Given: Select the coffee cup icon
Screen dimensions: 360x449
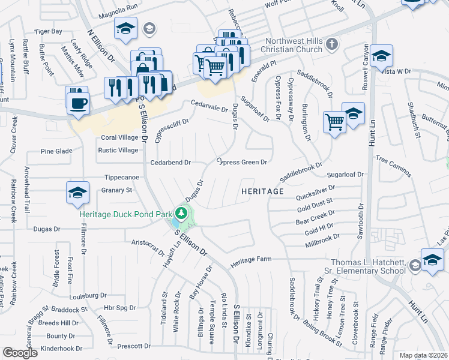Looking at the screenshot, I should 77,102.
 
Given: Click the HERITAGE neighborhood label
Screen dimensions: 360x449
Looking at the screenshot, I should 262,191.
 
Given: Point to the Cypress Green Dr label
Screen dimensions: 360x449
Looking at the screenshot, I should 241,162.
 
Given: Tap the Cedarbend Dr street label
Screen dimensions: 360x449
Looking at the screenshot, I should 170,163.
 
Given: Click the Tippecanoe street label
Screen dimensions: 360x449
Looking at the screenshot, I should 121,178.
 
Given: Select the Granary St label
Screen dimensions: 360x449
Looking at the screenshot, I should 116,190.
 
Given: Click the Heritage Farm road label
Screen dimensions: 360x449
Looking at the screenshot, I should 252,259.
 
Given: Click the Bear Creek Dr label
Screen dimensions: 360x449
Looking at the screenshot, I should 315,217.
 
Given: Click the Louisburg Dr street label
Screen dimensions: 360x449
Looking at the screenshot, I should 86,296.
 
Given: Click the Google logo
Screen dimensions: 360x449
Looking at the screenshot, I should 20,353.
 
